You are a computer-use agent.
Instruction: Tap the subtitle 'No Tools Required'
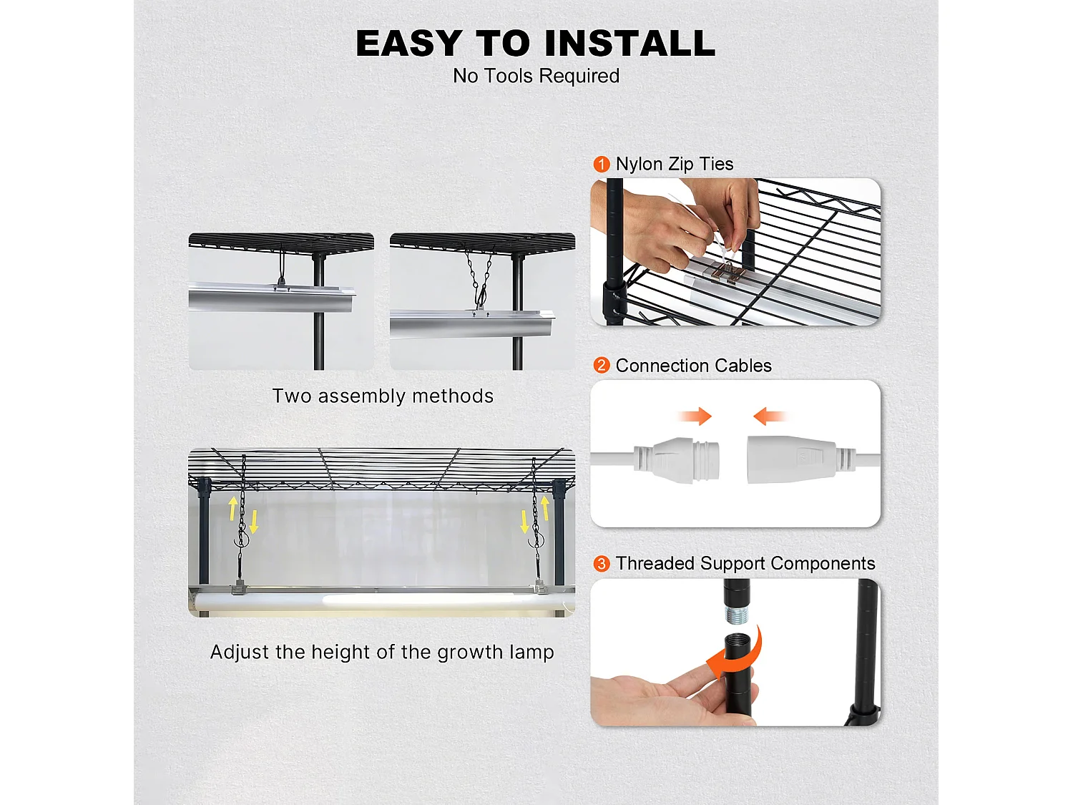click(536, 76)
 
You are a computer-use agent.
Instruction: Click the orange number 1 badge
click(601, 165)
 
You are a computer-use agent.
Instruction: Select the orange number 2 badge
click(601, 366)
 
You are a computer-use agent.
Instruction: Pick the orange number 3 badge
click(601, 564)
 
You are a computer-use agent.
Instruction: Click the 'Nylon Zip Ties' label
click(674, 165)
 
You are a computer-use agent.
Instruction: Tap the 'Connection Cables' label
click(693, 366)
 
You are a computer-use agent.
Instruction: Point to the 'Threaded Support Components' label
click(745, 564)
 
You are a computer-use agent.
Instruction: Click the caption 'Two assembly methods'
click(383, 396)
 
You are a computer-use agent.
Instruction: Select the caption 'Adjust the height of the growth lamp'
click(382, 653)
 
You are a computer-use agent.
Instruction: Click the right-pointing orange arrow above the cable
click(695, 416)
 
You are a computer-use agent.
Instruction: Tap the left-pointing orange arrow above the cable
click(770, 416)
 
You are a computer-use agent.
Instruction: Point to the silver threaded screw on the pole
click(736, 615)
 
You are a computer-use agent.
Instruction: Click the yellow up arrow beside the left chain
click(232, 509)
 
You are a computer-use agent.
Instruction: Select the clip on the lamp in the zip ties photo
click(729, 273)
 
